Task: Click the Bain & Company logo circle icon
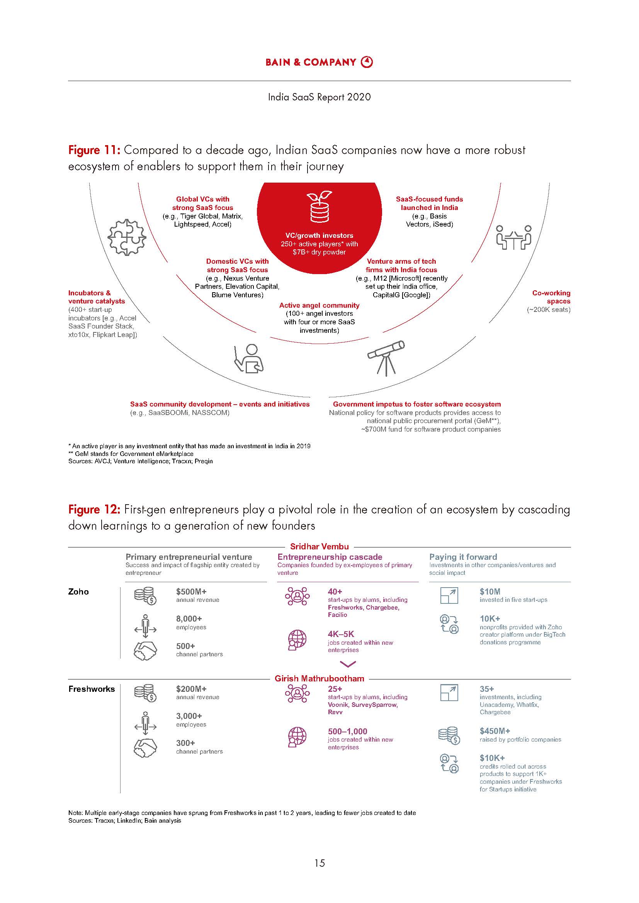[x=367, y=62]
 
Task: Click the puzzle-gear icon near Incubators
[x=127, y=237]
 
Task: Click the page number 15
[x=319, y=863]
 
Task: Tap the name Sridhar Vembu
[x=319, y=546]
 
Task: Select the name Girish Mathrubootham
[x=319, y=678]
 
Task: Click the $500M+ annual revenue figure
[x=191, y=591]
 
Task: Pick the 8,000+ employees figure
[x=189, y=618]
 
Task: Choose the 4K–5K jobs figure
[x=341, y=634]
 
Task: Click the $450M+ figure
[x=495, y=731]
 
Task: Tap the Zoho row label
[x=78, y=591]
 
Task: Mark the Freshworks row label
[x=92, y=689]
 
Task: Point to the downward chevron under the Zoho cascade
[x=347, y=664]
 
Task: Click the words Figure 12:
[x=93, y=510]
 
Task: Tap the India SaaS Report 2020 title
[x=319, y=97]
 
